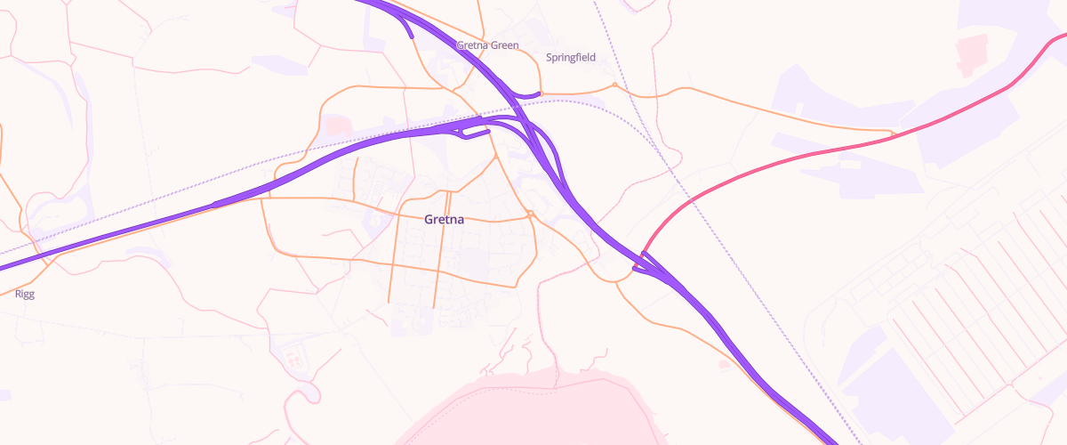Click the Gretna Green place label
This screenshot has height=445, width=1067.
click(x=486, y=45)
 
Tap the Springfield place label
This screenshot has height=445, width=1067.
click(x=570, y=58)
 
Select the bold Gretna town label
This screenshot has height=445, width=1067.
click(x=445, y=220)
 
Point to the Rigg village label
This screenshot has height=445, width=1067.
click(x=25, y=294)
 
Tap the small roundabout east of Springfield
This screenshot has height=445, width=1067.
click(x=614, y=85)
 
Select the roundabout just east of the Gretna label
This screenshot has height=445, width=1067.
click(x=530, y=214)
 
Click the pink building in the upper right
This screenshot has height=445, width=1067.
click(x=972, y=53)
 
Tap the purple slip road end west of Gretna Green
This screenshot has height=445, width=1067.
click(x=411, y=36)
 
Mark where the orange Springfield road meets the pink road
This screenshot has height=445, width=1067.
click(x=891, y=134)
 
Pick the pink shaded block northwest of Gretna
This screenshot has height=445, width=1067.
click(x=336, y=125)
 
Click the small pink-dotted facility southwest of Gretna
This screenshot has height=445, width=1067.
click(x=293, y=360)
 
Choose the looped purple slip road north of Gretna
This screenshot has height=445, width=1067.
click(x=471, y=133)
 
